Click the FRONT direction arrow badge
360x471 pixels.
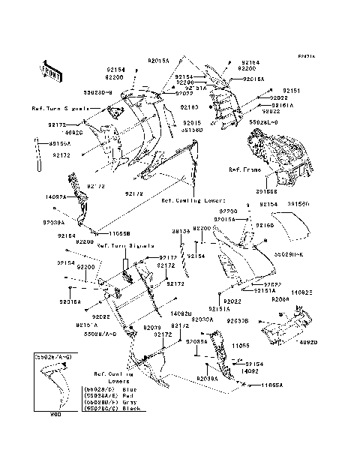point(51,70)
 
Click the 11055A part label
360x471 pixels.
point(272,385)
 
